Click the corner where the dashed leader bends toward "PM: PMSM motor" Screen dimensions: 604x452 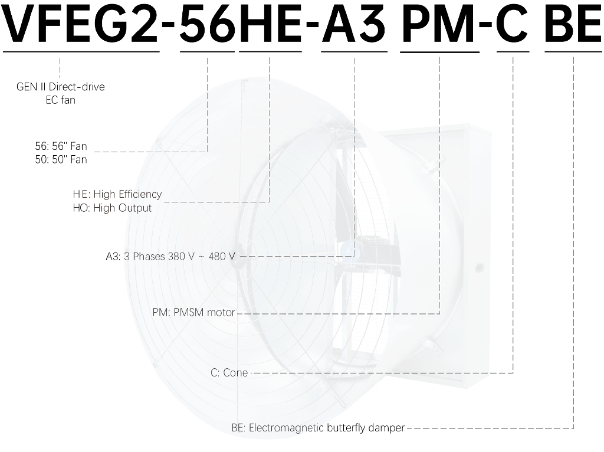pyautogui.click(x=439, y=314)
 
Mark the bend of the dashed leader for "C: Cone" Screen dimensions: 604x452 pyautogui.click(x=513, y=373)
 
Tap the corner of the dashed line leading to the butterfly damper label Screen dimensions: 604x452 pyautogui.click(x=573, y=428)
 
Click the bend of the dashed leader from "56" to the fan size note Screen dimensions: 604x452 pyautogui.click(x=208, y=152)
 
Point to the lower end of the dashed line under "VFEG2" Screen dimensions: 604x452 pyautogui.click(x=60, y=77)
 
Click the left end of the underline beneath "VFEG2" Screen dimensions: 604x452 pyautogui.click(x=3, y=51)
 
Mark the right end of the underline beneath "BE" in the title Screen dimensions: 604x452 pyautogui.click(x=602, y=51)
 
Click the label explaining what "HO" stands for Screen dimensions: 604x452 pyautogui.click(x=112, y=208)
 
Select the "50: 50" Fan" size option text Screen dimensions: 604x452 pyautogui.click(x=61, y=159)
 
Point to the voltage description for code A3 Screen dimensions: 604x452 pyautogui.click(x=170, y=257)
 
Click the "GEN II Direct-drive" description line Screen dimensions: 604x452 pyautogui.click(x=61, y=87)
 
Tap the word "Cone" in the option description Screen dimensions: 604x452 pyautogui.click(x=235, y=373)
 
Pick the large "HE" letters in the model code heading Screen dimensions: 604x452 pyautogui.click(x=270, y=24)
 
